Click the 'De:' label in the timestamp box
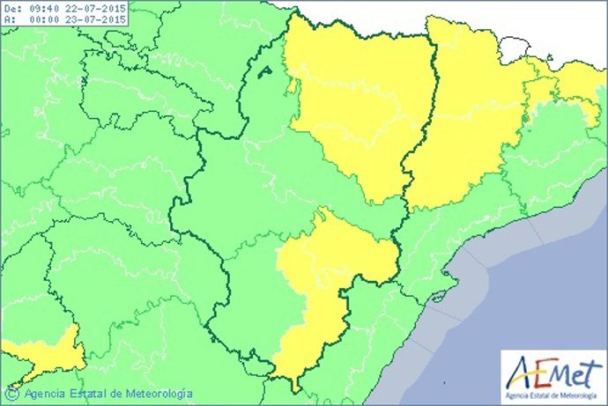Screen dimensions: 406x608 [x=11, y=9]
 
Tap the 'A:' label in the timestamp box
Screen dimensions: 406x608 [x=9, y=22]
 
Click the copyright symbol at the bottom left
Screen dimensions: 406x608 [x=14, y=393]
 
